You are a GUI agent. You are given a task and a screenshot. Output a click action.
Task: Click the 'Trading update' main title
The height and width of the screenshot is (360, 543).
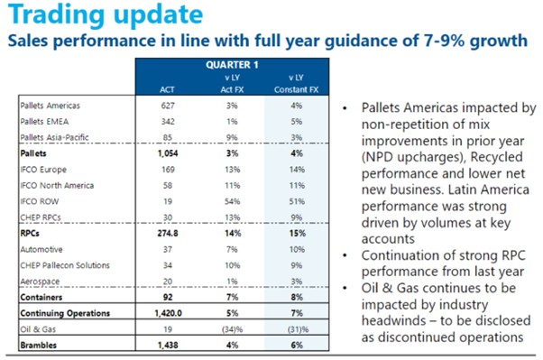pos(106,14)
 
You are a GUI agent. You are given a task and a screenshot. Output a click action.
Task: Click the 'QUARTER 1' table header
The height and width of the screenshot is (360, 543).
pos(232,65)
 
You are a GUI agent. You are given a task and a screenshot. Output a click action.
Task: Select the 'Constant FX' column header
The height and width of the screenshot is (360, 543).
pos(297,89)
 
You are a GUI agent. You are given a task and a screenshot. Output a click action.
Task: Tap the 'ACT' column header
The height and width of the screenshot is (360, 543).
pos(167,89)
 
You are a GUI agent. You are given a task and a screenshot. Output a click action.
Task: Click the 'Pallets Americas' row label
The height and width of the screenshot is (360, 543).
pos(51,106)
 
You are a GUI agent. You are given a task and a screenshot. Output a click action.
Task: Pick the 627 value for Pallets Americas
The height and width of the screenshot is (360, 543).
pos(168,106)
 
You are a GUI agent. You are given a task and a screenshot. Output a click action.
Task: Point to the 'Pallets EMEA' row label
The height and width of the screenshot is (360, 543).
pos(44,122)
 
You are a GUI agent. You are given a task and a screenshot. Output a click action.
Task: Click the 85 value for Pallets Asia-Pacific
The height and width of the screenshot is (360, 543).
pos(168,137)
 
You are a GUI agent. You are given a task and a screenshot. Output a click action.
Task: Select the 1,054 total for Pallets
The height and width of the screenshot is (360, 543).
pos(168,153)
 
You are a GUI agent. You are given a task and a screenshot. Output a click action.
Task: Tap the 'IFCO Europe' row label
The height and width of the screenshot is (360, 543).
pos(43,170)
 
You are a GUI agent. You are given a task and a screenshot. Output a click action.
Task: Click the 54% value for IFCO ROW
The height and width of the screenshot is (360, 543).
pos(233,201)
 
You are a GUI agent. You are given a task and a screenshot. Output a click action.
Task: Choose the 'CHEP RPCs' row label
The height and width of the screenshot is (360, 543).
pos(41,217)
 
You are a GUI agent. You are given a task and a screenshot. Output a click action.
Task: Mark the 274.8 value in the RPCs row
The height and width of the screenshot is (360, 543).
pos(168,233)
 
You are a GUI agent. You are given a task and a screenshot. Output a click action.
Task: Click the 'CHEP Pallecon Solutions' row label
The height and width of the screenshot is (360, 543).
pos(65,265)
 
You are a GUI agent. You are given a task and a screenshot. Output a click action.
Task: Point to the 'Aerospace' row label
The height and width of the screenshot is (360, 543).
pos(40,282)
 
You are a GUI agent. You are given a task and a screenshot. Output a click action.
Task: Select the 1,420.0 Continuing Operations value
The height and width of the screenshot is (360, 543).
pos(169,313)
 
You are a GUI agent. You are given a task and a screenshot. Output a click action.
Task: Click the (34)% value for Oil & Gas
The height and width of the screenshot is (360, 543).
pos(233,329)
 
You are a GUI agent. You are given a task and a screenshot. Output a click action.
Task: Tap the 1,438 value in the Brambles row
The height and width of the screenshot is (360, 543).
pos(168,345)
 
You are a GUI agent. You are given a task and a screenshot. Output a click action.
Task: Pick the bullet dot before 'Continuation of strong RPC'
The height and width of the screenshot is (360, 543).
pos(345,255)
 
